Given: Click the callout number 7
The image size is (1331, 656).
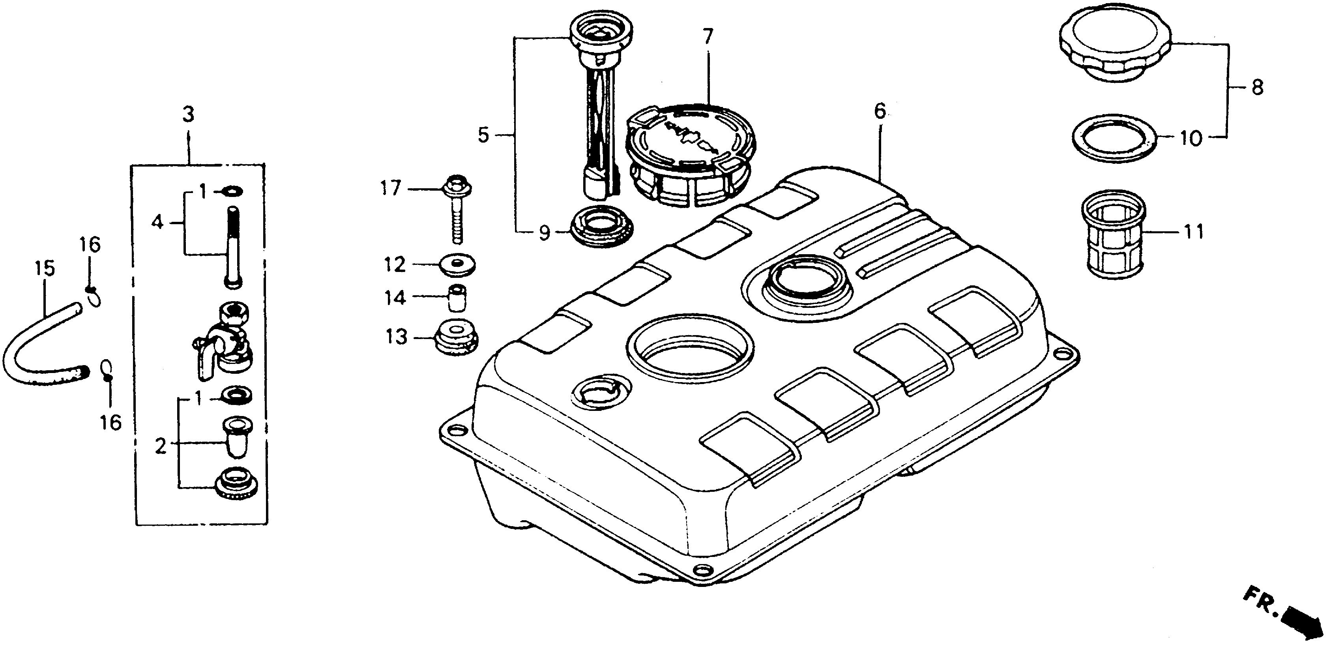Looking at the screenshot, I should tap(708, 37).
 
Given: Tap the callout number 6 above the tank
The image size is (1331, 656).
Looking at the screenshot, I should tap(880, 111).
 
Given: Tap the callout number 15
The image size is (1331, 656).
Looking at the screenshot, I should tap(45, 268).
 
